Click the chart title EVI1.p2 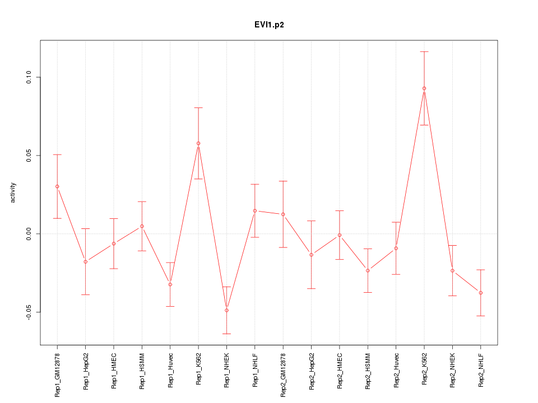coord(268,25)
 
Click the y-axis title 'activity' coord(13,193)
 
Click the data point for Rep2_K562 coord(424,88)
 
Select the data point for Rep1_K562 coord(198,143)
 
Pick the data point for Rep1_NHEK coord(226,310)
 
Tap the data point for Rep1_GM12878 coord(57,186)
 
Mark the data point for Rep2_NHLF coord(481,293)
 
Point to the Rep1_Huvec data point coord(170,284)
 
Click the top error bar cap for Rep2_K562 coord(424,51)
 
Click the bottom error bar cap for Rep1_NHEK coord(226,334)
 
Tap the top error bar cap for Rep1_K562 coord(198,107)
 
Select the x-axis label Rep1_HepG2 coord(86,371)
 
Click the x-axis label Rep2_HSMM coord(368,371)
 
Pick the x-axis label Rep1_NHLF coord(255,370)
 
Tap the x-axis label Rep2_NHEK coord(453,370)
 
